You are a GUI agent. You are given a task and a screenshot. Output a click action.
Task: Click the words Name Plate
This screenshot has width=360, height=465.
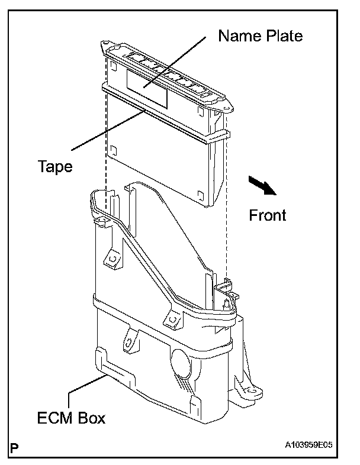[x=260, y=36]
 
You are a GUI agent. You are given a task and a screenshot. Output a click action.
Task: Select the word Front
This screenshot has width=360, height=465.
[x=268, y=215]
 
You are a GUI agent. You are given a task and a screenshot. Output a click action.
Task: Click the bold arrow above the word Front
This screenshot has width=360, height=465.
[x=261, y=185]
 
